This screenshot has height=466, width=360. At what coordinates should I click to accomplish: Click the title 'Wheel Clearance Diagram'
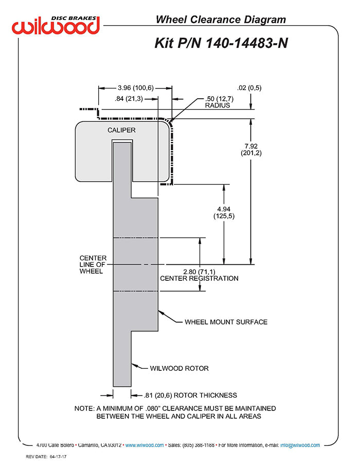221,20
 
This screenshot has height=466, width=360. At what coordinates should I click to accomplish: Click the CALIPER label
121,130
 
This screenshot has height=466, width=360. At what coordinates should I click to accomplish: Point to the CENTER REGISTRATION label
199,278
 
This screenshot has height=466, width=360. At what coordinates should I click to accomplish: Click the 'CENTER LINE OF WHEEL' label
93,264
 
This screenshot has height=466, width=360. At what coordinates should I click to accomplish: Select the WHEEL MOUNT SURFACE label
226,322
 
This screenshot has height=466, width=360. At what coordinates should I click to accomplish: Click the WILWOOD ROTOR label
179,368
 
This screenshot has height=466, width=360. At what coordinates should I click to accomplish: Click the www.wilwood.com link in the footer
145,445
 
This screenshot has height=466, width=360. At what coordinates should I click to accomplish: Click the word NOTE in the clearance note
84,408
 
